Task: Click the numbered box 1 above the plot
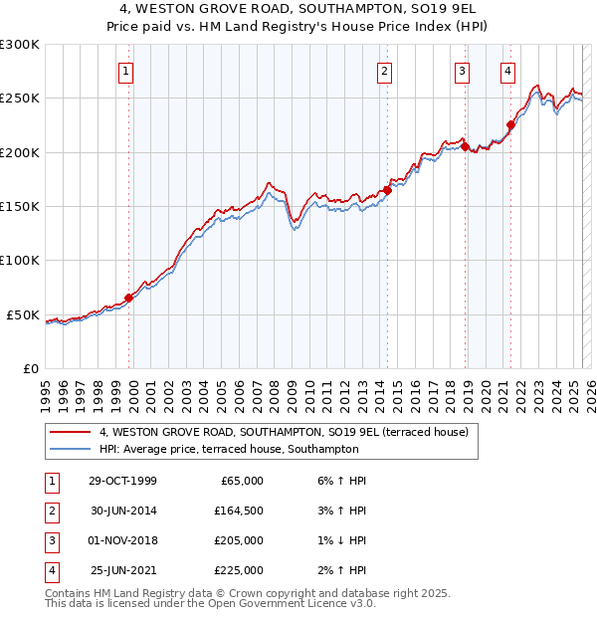click(x=128, y=71)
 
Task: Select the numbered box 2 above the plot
click(x=384, y=71)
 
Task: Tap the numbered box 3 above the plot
click(x=463, y=71)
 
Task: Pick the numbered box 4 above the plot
click(x=507, y=71)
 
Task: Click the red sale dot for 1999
click(x=129, y=297)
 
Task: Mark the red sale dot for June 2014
click(x=387, y=190)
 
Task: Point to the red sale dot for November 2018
click(x=465, y=146)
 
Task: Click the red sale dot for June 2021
click(x=511, y=124)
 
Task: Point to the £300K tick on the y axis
click(x=20, y=45)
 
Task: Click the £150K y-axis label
click(x=20, y=207)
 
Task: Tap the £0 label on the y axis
click(x=30, y=368)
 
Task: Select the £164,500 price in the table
click(x=240, y=510)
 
